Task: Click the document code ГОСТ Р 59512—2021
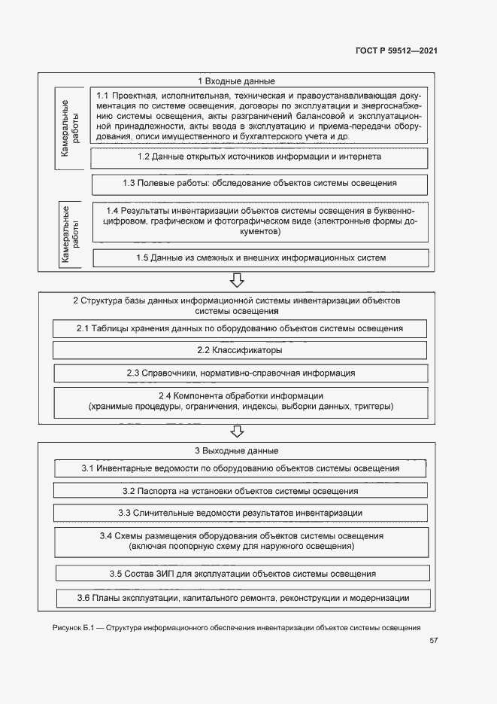click(x=396, y=50)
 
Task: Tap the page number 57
click(x=434, y=641)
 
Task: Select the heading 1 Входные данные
click(x=236, y=81)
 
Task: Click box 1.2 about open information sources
click(x=259, y=157)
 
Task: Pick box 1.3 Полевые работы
click(x=259, y=183)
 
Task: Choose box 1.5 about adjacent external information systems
click(x=261, y=258)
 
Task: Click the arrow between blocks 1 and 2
click(x=237, y=281)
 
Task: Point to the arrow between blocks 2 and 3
click(x=237, y=431)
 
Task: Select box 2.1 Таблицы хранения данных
click(x=240, y=328)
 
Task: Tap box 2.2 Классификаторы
click(x=240, y=350)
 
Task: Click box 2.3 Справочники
click(x=240, y=373)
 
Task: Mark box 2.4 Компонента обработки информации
click(x=240, y=401)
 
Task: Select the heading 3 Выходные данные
click(x=237, y=451)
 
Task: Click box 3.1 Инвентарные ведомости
click(x=240, y=468)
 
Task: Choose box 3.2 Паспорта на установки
click(x=240, y=490)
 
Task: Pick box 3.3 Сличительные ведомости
click(x=240, y=513)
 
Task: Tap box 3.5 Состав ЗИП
click(x=241, y=574)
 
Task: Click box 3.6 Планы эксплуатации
click(x=243, y=598)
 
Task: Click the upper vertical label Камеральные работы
click(x=69, y=128)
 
